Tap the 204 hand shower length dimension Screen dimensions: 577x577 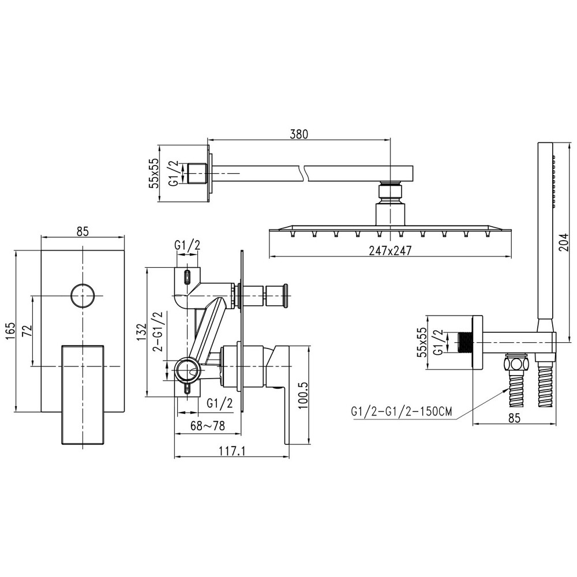(564, 243)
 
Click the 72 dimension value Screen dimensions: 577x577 (26, 330)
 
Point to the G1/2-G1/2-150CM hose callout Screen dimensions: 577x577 (401, 412)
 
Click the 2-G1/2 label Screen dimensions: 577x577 (157, 332)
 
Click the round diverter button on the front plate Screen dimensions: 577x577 (82, 296)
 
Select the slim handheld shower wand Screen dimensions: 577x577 (545, 231)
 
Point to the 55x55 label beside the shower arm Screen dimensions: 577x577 (153, 173)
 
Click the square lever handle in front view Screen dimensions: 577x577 (82, 395)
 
